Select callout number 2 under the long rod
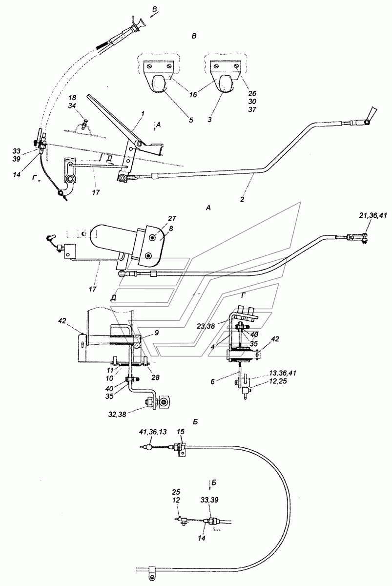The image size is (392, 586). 242,199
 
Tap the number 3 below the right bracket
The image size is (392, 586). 210,120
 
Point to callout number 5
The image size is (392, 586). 191,120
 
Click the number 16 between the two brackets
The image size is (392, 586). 193,94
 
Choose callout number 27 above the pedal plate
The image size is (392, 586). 172,218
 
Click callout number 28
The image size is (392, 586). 156,377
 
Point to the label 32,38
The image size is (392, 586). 117,415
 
